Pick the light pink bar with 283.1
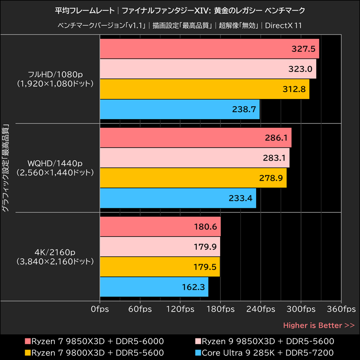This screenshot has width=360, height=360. pyautogui.click(x=194, y=158)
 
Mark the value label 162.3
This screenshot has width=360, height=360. pyautogui.click(x=194, y=287)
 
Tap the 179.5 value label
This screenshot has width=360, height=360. pyautogui.click(x=205, y=267)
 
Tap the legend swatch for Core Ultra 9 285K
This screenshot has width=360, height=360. pyautogui.click(x=198, y=352)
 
